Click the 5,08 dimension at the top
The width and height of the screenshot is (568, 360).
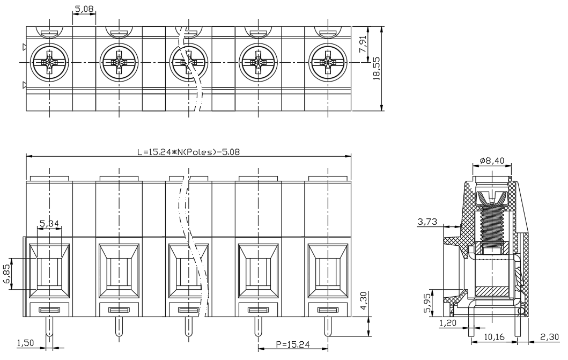coord(84,9)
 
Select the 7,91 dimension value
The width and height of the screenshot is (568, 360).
coord(363,44)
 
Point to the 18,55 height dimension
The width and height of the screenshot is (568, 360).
coord(377,68)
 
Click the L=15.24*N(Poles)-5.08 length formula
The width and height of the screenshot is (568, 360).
coord(188,152)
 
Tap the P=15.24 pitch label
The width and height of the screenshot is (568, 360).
coord(293,344)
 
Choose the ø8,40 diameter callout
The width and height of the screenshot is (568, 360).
coord(491,160)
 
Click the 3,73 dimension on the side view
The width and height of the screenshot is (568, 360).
coord(427,221)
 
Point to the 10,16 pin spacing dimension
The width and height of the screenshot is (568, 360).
coord(494,337)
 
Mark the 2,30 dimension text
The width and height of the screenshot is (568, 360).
coord(550,337)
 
